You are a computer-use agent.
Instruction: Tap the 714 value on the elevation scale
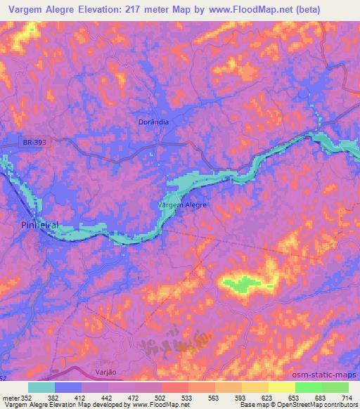(x=348, y=397)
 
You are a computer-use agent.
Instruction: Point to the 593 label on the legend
(x=241, y=397)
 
